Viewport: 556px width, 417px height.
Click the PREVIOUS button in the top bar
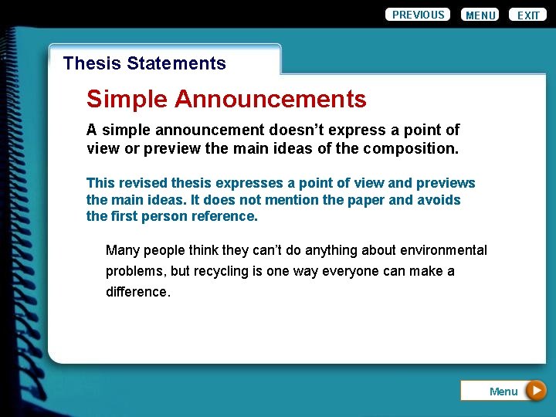point(418,15)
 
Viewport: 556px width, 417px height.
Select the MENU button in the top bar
point(480,15)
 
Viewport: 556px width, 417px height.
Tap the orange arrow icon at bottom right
point(535,391)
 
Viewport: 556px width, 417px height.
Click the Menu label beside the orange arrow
point(503,392)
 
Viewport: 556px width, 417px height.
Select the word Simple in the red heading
point(127,99)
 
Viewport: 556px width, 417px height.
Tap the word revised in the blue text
point(141,183)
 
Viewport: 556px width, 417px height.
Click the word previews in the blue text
point(446,183)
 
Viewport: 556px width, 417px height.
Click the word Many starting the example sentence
point(122,250)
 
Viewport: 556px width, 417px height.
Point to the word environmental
point(442,250)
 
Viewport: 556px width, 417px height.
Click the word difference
point(137,292)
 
